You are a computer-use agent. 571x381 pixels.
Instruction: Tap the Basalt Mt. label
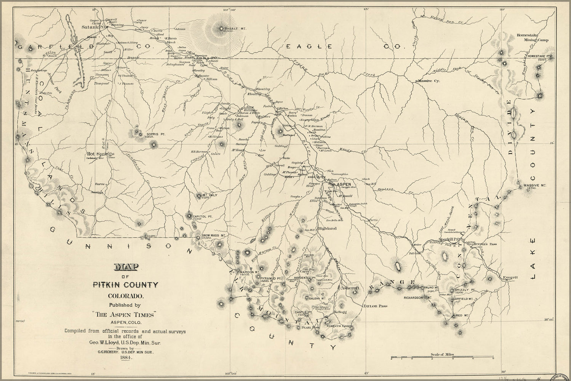[234, 29]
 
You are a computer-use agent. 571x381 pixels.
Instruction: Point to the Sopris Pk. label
[155, 134]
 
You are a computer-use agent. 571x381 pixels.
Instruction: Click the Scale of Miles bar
[442, 358]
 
